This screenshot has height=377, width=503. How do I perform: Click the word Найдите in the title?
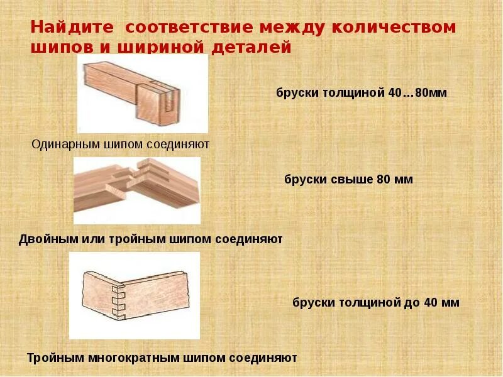(72, 28)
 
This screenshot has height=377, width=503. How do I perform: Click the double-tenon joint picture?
(137, 190)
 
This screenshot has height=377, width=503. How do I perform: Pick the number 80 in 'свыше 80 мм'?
(383, 180)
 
